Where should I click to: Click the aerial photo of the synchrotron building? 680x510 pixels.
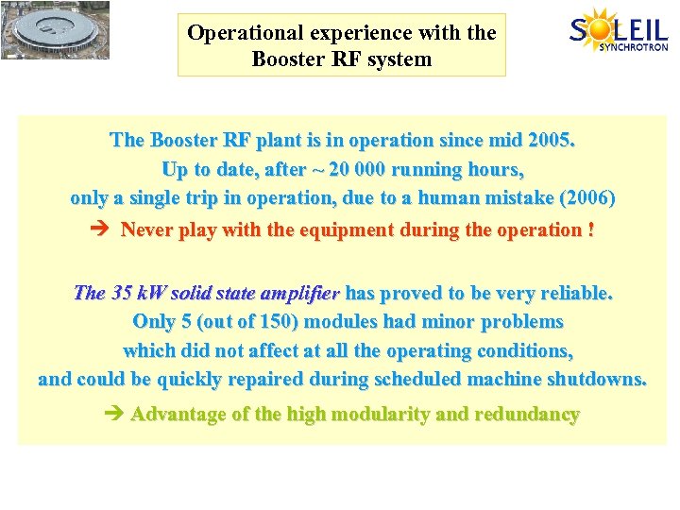55,30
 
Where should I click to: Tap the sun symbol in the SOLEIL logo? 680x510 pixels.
601,25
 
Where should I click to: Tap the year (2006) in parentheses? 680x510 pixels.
587,198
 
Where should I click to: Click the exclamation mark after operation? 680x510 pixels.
590,229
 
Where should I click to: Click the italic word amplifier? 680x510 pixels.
304,293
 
